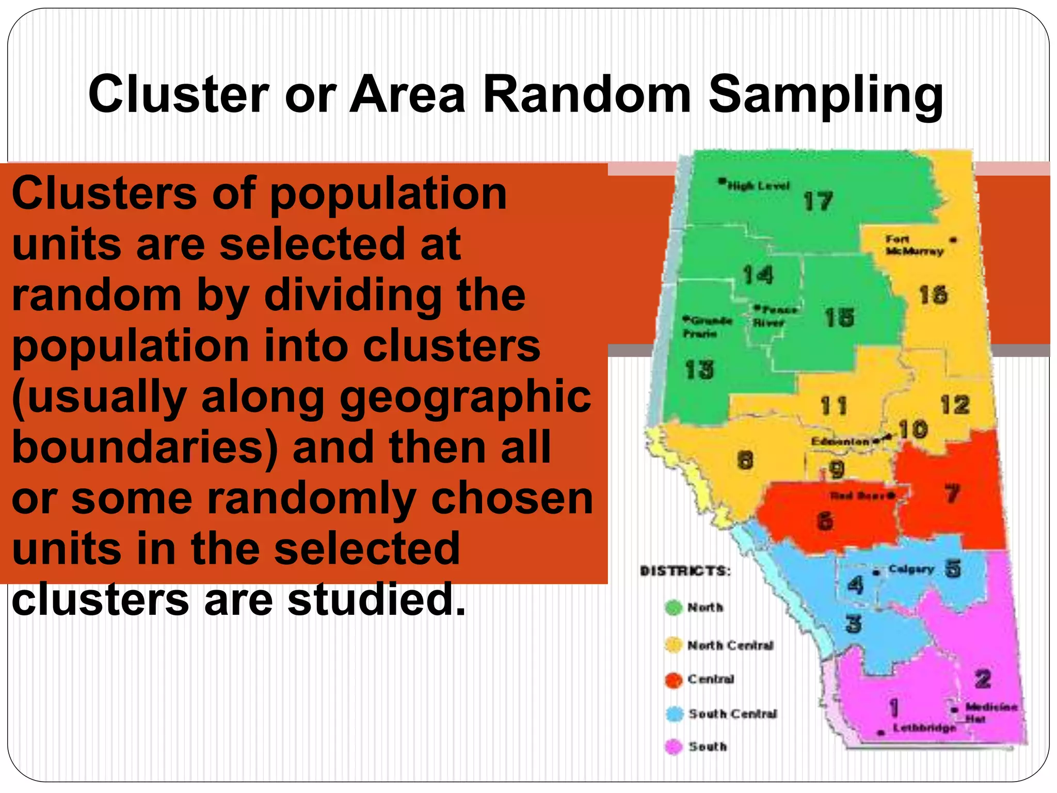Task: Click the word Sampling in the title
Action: (826, 96)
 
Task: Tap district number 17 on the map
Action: (818, 201)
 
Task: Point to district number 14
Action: (758, 275)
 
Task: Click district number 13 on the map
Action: (699, 370)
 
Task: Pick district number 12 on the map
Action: (955, 405)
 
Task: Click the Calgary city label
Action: (911, 569)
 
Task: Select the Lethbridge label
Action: (924, 728)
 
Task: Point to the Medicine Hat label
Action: (990, 712)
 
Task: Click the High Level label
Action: (758, 185)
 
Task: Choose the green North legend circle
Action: (674, 608)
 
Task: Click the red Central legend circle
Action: (674, 679)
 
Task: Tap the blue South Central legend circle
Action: (674, 714)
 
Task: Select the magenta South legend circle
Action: (674, 747)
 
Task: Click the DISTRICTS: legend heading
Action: (685, 571)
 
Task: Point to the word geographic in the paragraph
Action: (465, 398)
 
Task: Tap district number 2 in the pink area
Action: (983, 678)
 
